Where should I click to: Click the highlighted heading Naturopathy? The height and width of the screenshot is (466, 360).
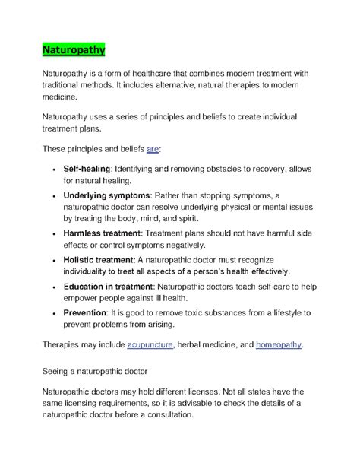[73, 50]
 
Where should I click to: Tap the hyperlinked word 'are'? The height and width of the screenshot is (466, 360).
[152, 150]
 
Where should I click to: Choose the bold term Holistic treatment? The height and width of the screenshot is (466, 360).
[97, 259]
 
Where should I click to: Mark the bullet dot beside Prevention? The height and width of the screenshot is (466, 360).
[51, 312]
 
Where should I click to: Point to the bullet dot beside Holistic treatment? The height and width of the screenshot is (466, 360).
[51, 259]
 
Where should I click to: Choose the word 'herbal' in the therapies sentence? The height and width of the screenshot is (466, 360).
[194, 345]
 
